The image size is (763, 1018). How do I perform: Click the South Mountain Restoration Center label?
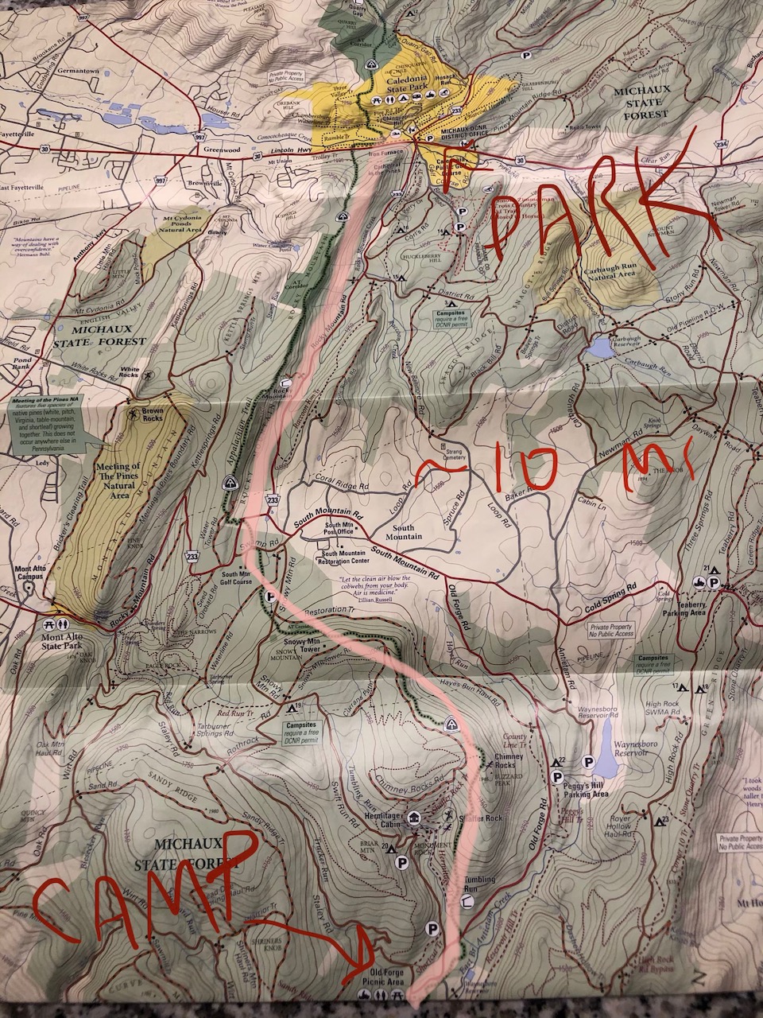[x=343, y=558]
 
